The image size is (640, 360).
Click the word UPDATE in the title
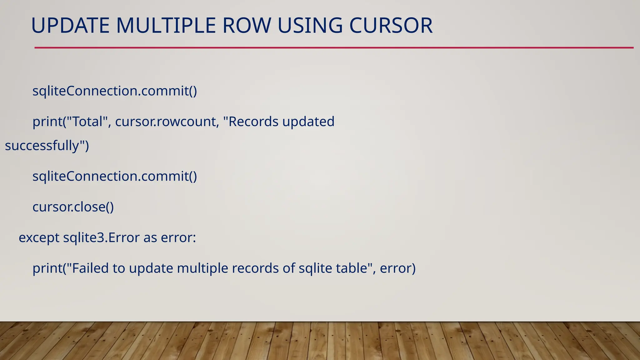pyautogui.click(x=70, y=26)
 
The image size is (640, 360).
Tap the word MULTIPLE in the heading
pyautogui.click(x=166, y=26)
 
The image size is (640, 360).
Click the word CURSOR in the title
pyautogui.click(x=391, y=26)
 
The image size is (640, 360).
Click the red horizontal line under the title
pyautogui.click(x=334, y=48)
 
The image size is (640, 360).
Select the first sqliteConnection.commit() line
pyautogui.click(x=115, y=91)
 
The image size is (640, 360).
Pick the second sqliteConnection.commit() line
pyautogui.click(x=115, y=176)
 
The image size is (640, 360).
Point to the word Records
pyautogui.click(x=253, y=122)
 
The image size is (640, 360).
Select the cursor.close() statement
pyautogui.click(x=73, y=207)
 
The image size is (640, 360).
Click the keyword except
pyautogui.click(x=39, y=238)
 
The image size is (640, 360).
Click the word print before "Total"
pyautogui.click(x=47, y=122)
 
